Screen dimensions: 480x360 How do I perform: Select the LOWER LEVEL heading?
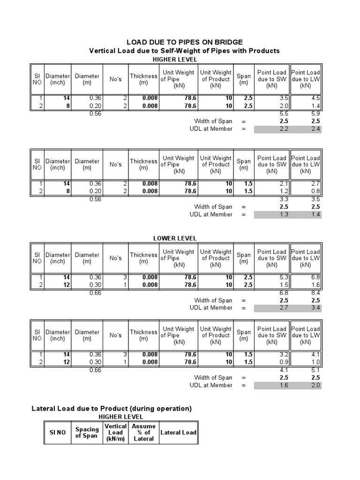pos(175,239)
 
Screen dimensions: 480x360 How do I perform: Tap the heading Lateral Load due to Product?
pos(112,409)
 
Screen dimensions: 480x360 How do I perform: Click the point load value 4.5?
pos(316,98)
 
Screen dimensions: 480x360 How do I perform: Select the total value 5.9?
pos(316,114)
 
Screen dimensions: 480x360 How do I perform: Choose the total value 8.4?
pos(316,293)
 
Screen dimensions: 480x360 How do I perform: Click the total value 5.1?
pos(316,370)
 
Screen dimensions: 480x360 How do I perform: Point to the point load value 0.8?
pos(316,191)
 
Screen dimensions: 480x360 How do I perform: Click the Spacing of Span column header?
pos(87,433)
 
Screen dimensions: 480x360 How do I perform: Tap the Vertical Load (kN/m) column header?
pos(116,433)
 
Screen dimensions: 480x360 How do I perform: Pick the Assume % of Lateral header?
pos(143,433)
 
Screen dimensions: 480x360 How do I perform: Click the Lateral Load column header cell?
pos(178,433)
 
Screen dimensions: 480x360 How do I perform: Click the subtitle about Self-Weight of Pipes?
pos(184,51)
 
